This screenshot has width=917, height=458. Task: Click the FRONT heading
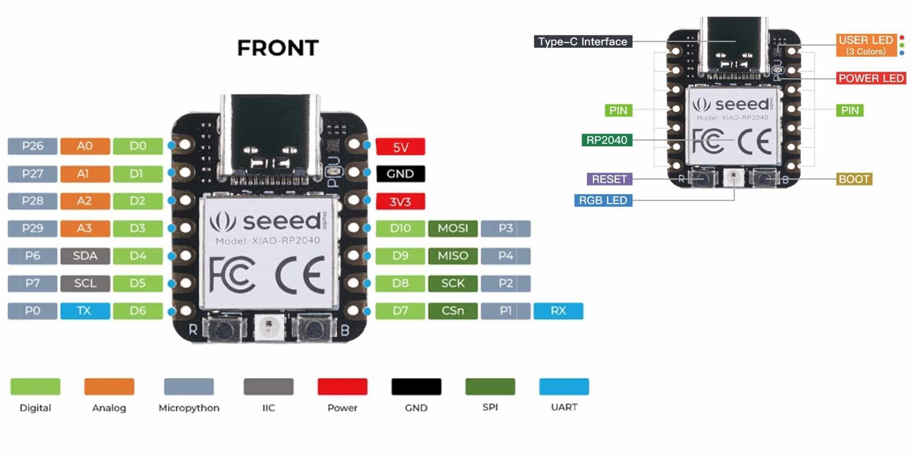click(278, 48)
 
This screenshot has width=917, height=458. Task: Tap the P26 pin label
click(33, 146)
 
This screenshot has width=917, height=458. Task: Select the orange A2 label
click(85, 201)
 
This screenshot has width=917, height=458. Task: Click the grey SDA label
click(85, 256)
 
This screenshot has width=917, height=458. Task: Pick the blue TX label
click(85, 311)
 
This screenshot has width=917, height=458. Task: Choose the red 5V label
click(400, 147)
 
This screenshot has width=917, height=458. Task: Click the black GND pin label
click(400, 174)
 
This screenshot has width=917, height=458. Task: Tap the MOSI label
click(453, 228)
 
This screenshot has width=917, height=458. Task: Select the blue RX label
click(558, 311)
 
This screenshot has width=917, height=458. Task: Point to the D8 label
click(400, 283)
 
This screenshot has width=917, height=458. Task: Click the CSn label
click(453, 311)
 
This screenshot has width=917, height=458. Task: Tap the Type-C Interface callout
click(583, 42)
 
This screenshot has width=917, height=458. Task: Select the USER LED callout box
click(866, 45)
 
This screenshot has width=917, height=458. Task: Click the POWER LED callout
click(871, 78)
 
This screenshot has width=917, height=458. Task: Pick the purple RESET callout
click(609, 179)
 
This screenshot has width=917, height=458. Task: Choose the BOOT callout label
click(854, 179)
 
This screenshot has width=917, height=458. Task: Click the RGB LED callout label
click(603, 200)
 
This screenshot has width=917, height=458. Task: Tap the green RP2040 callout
click(607, 140)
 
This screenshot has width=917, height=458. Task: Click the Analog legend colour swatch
click(109, 387)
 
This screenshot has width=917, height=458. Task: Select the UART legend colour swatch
click(564, 387)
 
